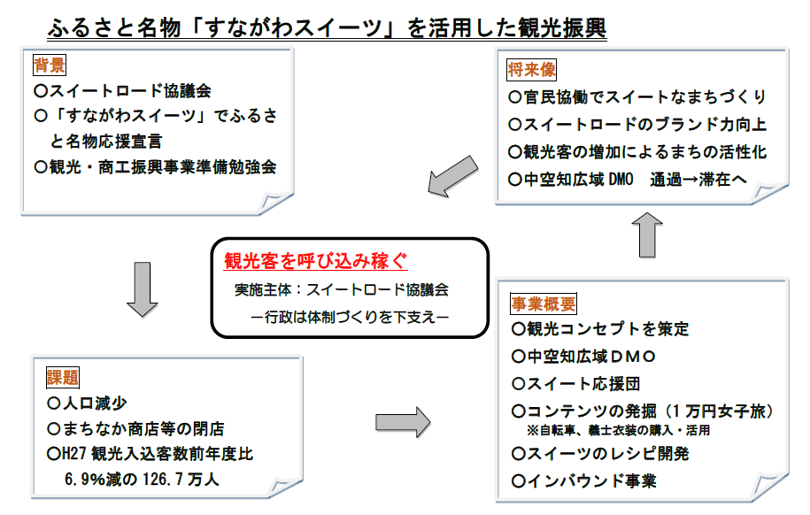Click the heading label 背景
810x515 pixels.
[x=49, y=65]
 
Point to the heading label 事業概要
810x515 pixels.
[x=543, y=304]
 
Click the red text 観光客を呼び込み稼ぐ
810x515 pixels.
[x=315, y=261]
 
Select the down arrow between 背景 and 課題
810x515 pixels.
[x=142, y=288]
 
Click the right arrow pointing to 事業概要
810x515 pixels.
[x=403, y=421]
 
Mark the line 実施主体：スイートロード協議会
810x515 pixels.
[x=341, y=290]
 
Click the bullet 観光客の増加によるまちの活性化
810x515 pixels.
[x=637, y=151]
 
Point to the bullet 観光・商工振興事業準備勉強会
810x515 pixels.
[x=155, y=166]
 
